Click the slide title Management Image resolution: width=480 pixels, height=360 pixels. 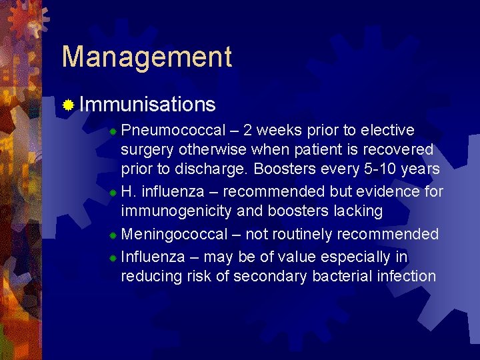click(x=147, y=57)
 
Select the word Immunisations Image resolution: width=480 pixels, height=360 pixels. click(x=147, y=104)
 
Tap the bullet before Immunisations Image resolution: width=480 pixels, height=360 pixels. click(x=67, y=105)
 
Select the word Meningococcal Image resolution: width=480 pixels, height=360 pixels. click(x=182, y=234)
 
